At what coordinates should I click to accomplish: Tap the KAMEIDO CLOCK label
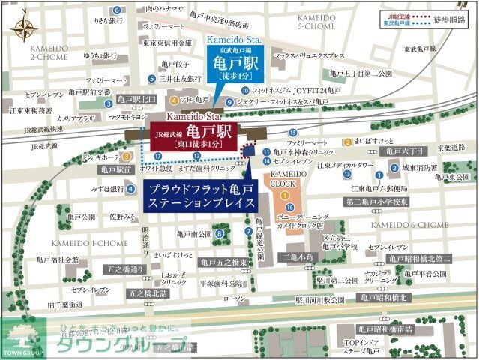coord(286,178)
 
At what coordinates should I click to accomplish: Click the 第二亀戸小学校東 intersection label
coord(376,202)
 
